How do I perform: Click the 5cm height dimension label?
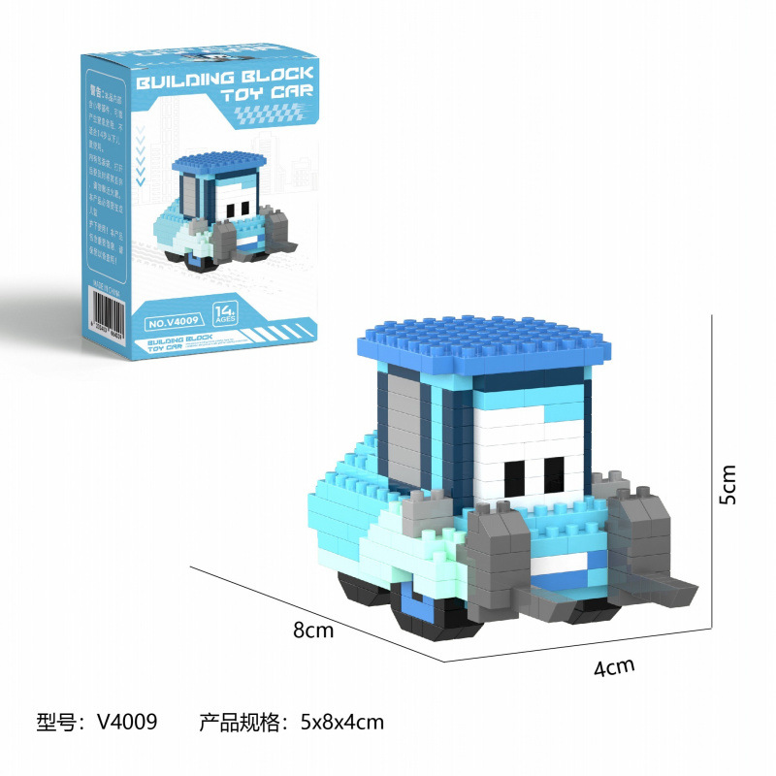click(x=728, y=484)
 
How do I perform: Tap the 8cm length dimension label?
click(x=313, y=630)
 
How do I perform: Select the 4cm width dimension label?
click(x=614, y=666)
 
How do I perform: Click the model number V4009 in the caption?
click(x=125, y=722)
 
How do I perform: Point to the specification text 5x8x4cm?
click(x=341, y=722)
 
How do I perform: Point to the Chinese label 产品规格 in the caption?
click(x=237, y=722)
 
